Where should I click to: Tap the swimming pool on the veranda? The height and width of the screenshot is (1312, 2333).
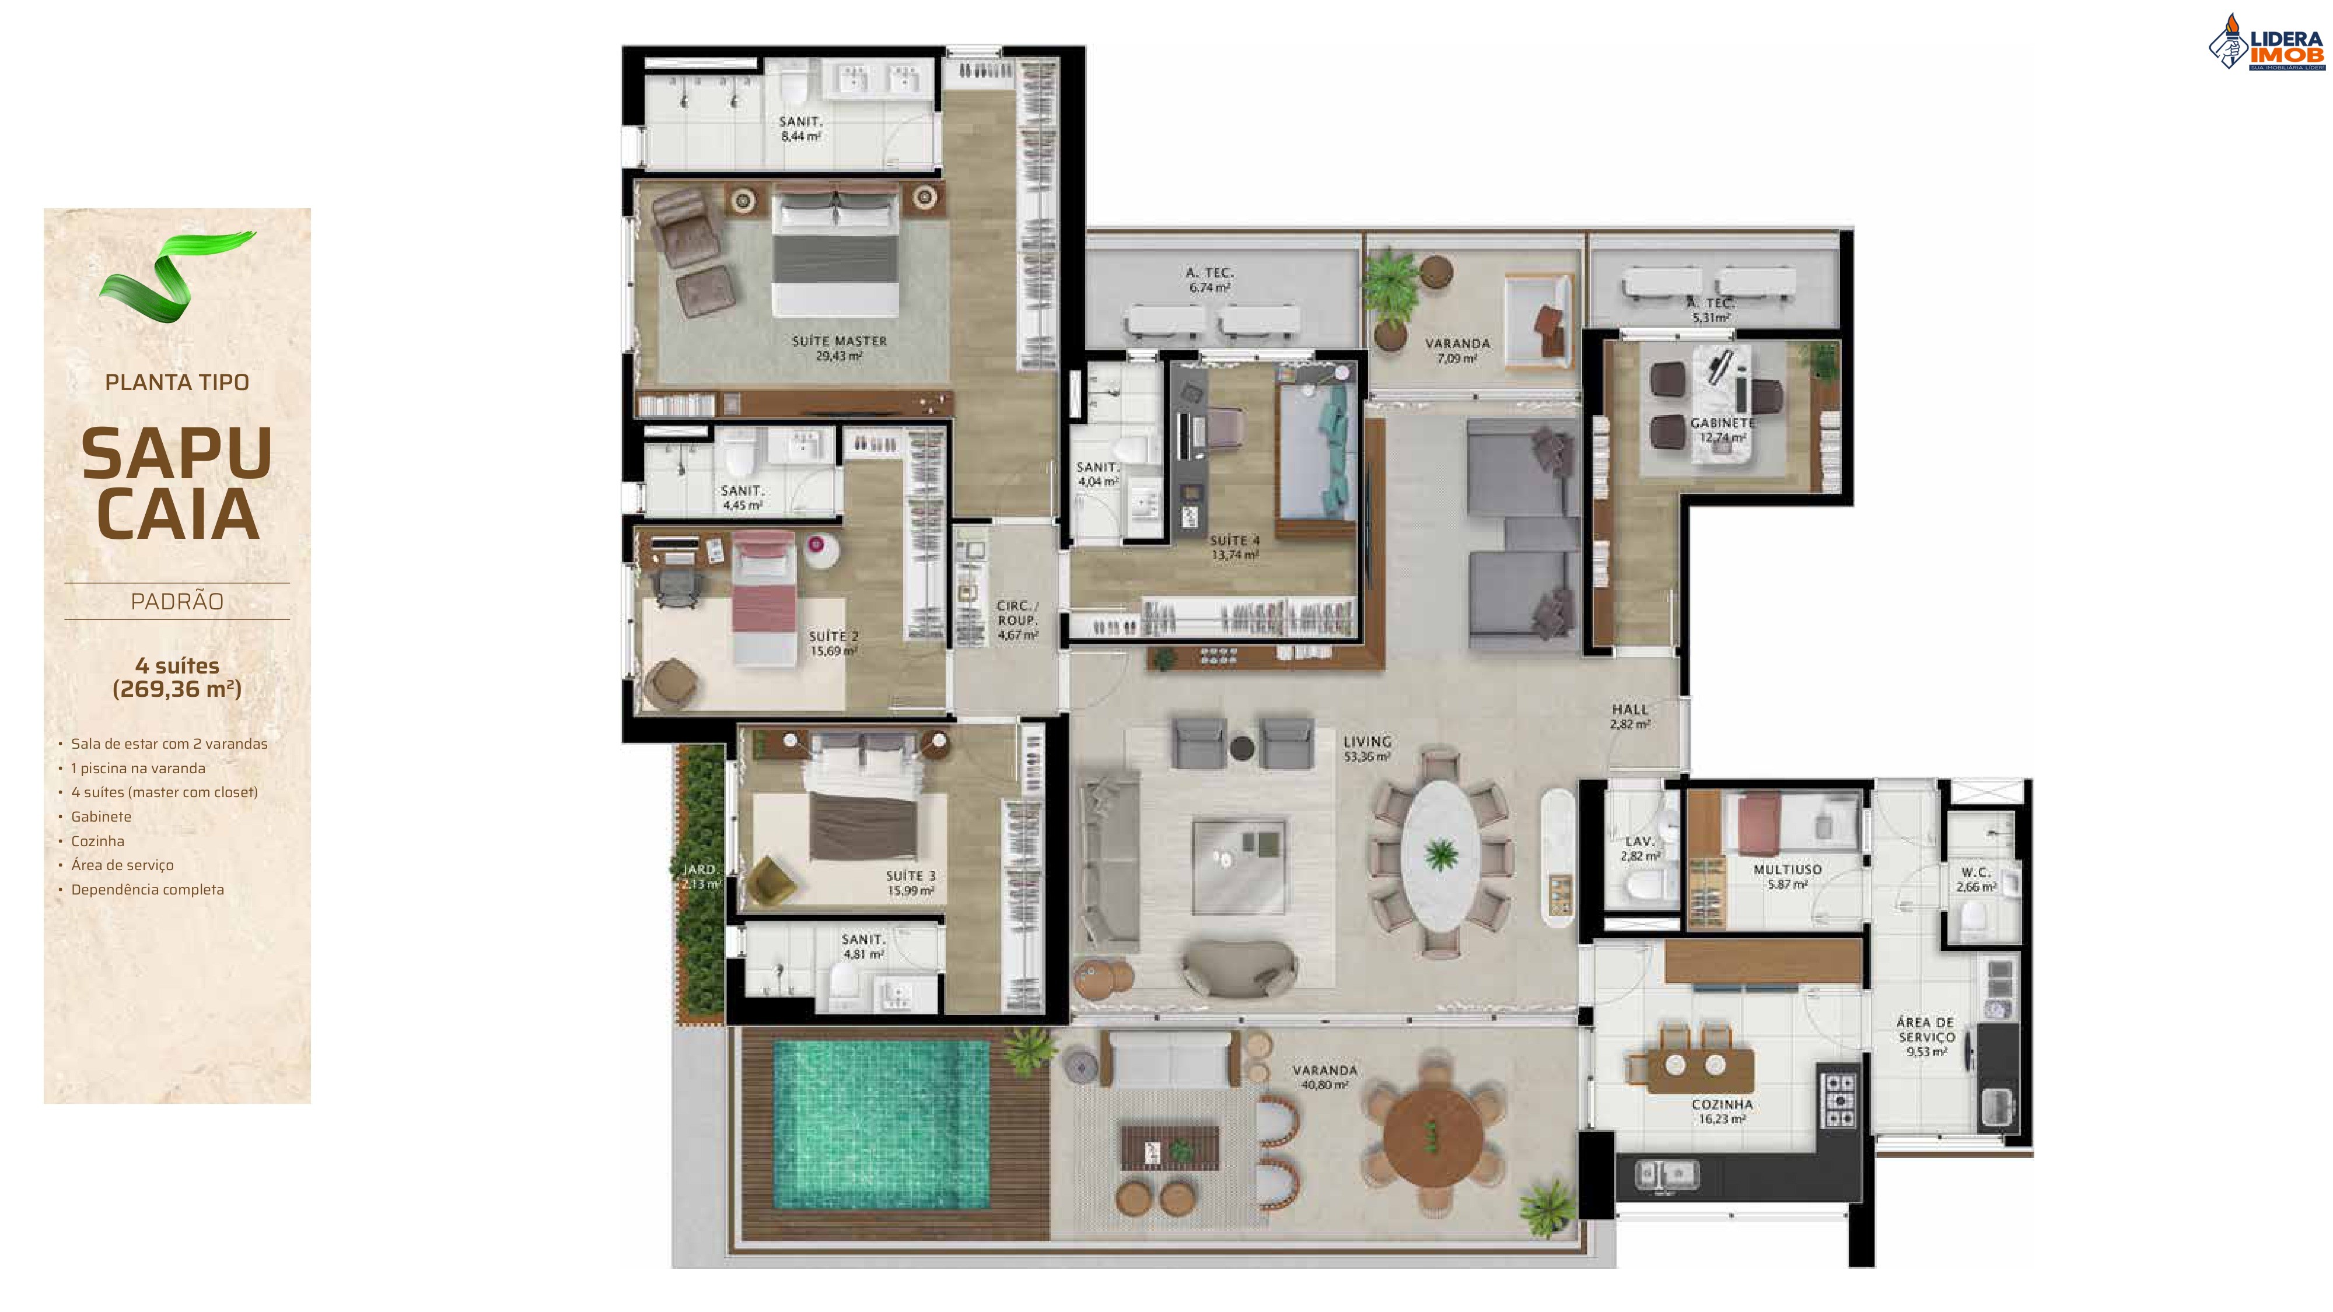[x=880, y=1122]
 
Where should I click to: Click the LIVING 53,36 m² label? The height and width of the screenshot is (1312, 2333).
[x=1367, y=749]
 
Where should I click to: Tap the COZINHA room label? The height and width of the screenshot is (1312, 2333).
[x=1722, y=1111]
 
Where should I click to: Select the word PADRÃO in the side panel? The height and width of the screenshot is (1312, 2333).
[x=177, y=601]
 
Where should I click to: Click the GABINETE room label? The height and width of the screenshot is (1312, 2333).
[x=1722, y=429]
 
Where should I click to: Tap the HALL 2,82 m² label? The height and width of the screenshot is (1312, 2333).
[x=1629, y=716]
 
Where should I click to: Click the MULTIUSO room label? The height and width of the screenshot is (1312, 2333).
[x=1787, y=876]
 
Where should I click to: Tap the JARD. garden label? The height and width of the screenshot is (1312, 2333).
[x=700, y=876]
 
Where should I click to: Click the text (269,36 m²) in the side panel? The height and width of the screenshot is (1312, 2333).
[x=177, y=689]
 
